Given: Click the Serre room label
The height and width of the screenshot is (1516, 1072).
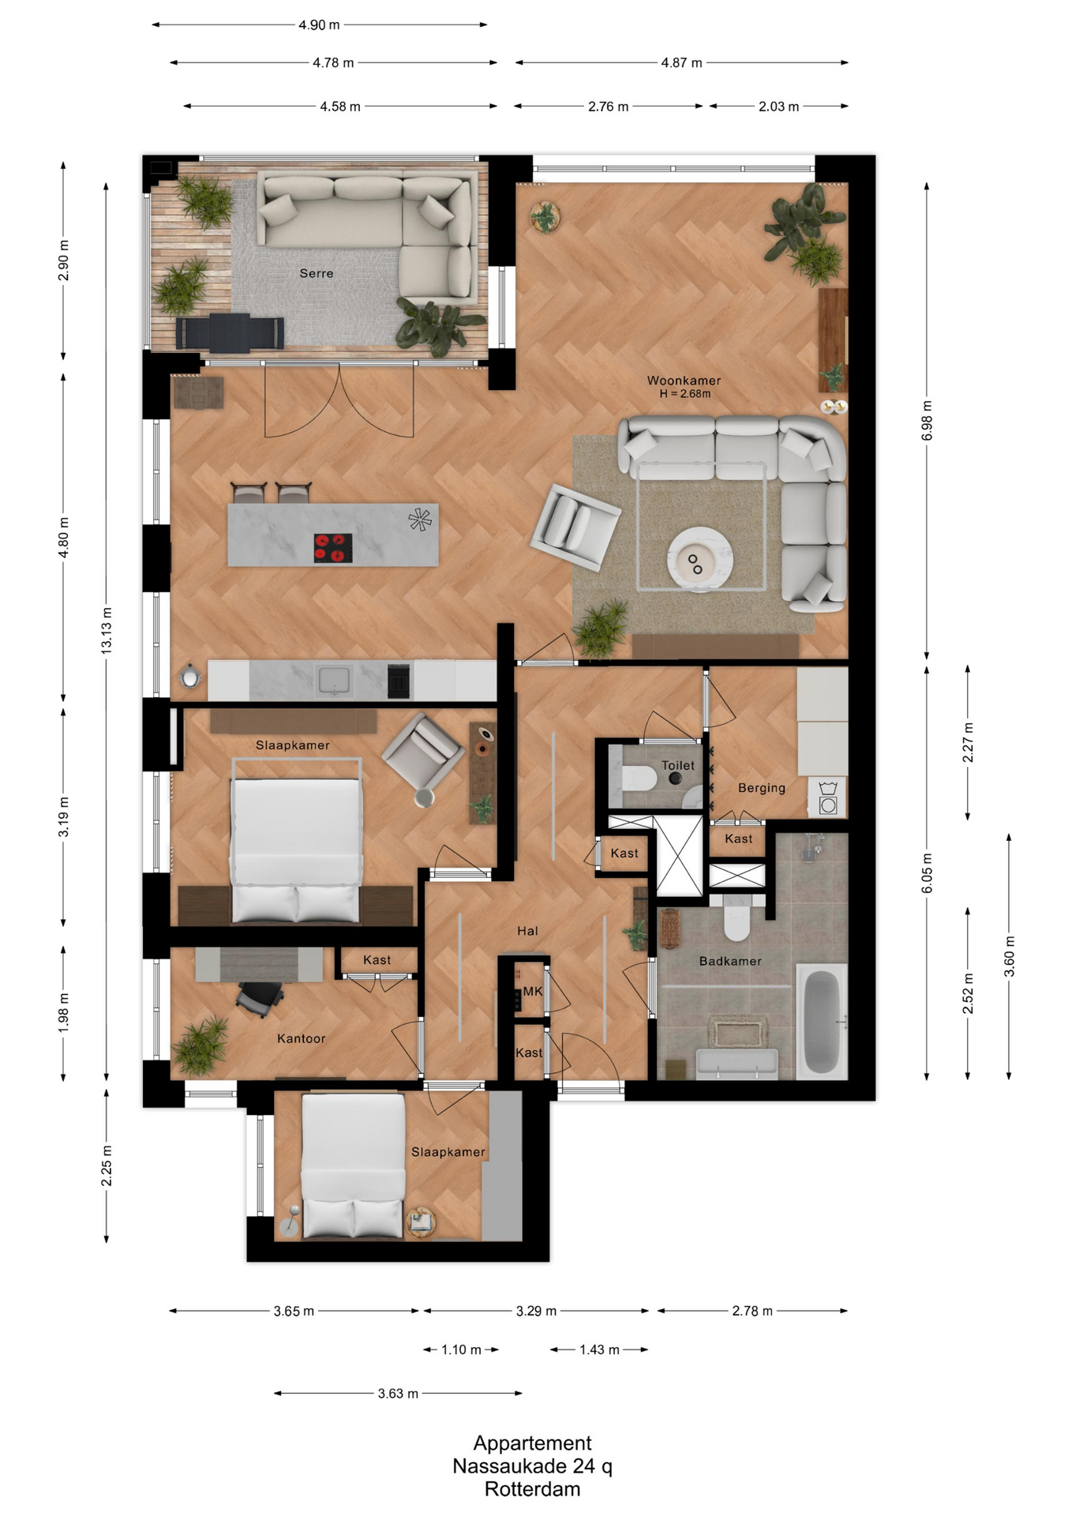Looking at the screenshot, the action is [317, 273].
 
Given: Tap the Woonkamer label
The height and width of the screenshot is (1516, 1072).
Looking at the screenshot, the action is [684, 381].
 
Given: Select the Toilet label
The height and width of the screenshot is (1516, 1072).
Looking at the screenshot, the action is [678, 765].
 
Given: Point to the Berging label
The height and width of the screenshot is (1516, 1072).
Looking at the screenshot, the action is [762, 788].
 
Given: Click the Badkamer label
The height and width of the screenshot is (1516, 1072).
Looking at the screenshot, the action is [730, 961].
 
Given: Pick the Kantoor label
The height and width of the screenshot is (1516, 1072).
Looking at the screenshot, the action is [301, 1038].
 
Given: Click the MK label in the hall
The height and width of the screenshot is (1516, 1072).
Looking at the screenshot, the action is [533, 991].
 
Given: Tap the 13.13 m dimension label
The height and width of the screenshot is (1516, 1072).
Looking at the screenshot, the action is [107, 630].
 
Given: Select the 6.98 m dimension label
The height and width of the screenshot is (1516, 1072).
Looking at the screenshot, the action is [928, 421].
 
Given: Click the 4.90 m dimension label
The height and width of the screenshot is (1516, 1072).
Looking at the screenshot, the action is [319, 25].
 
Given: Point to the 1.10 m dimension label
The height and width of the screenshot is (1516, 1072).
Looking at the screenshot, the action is [461, 1349].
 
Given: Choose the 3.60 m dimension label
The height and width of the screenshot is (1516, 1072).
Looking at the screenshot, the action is [1010, 956].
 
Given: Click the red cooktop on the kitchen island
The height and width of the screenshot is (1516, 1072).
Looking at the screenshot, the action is [333, 548].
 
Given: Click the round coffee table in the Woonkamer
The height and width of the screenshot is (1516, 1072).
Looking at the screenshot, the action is [699, 559].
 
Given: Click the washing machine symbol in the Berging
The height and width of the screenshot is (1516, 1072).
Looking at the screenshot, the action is [828, 797].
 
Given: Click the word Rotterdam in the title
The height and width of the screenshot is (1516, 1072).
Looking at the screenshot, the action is [532, 1489].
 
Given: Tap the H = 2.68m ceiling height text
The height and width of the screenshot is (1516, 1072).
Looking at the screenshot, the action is [684, 394].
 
